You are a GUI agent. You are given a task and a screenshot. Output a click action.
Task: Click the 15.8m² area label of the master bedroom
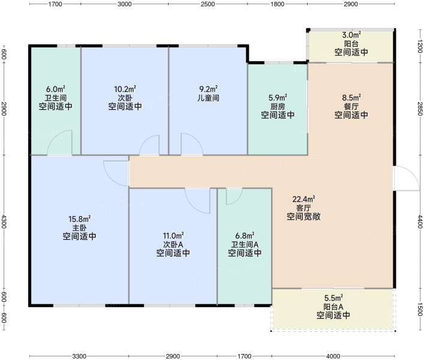pyautogui.click(x=80, y=218)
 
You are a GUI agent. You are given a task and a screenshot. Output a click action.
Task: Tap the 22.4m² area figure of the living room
pyautogui.click(x=303, y=199)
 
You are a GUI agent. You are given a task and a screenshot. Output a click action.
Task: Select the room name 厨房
pyautogui.click(x=278, y=106)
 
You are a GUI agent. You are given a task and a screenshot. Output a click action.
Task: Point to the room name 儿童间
pyautogui.click(x=208, y=98)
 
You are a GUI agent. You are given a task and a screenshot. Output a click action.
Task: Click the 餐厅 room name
pyautogui.click(x=351, y=106)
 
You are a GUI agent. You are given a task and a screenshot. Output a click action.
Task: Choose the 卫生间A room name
pyautogui.click(x=245, y=245)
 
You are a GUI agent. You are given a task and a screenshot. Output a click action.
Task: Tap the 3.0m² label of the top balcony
pyautogui.click(x=351, y=35)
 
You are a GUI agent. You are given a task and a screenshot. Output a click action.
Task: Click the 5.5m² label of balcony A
pyautogui.click(x=333, y=298)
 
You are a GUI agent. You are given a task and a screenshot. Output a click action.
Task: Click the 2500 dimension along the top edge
pyautogui.click(x=208, y=4)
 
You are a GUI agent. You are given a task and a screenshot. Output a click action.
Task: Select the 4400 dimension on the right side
pyautogui.click(x=420, y=221)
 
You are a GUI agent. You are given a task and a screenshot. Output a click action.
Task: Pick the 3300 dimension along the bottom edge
pyautogui.click(x=79, y=356)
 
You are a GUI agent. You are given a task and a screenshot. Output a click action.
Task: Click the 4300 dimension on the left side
pyautogui.click(x=4, y=221)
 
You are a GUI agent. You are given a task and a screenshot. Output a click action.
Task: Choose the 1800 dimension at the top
pyautogui.click(x=278, y=4)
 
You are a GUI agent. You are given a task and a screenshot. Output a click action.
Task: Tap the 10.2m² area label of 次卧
pyautogui.click(x=125, y=89)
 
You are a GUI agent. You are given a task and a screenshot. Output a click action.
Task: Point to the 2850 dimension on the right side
pyautogui.click(x=420, y=109)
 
